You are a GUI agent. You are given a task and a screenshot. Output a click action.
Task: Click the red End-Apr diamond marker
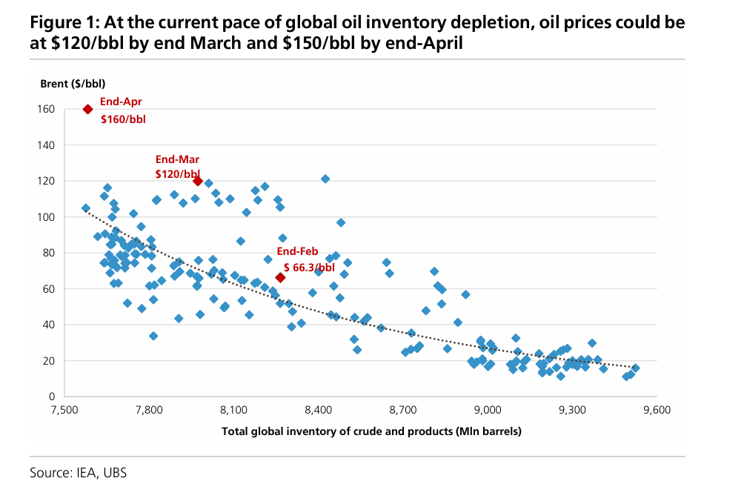(x=87, y=109)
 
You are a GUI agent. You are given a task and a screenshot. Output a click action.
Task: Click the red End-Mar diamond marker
(x=198, y=181)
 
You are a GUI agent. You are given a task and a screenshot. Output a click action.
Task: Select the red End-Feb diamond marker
(x=280, y=277)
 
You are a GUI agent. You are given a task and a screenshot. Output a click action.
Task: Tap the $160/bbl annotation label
(x=123, y=119)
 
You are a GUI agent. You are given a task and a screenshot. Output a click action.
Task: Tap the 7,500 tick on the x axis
(x=65, y=410)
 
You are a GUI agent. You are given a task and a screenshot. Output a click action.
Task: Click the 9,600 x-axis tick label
(x=657, y=410)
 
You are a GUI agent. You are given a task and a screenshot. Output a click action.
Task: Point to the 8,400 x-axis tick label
(x=319, y=410)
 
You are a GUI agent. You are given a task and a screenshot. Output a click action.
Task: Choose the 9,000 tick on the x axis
(x=488, y=410)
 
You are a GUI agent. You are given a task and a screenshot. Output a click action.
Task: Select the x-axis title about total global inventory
(x=371, y=431)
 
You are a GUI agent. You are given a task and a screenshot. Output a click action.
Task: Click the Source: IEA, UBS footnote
(x=79, y=472)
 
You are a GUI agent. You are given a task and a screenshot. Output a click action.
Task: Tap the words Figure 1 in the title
(x=65, y=23)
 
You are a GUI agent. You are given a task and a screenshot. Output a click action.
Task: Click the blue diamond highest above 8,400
(x=325, y=179)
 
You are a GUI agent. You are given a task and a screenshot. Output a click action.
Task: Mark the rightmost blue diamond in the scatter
(x=635, y=368)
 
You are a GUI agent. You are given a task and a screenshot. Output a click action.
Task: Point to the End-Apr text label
(x=121, y=102)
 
